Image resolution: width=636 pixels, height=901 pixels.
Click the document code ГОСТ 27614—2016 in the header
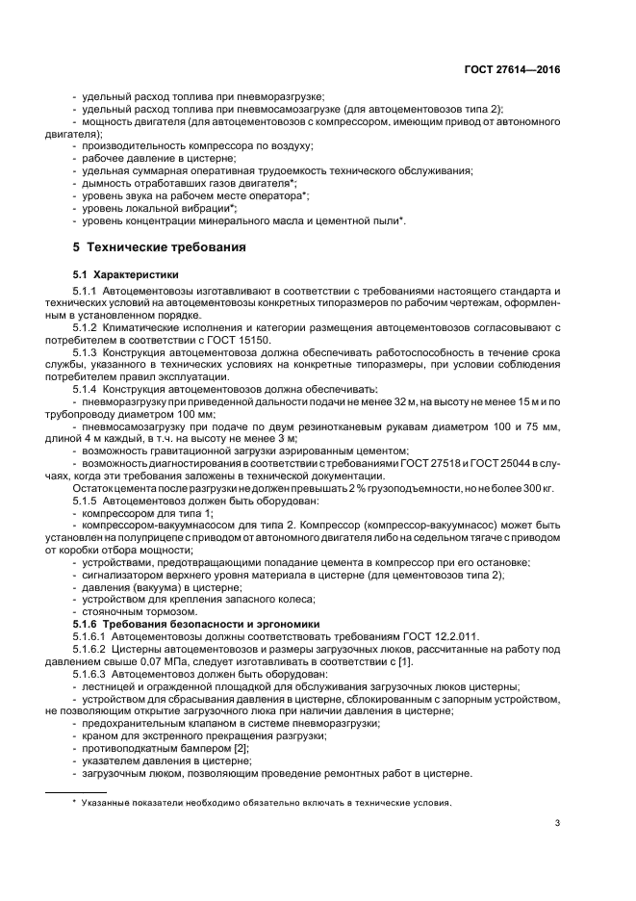pos(513,70)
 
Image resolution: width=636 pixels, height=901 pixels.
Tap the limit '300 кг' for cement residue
pos(539,490)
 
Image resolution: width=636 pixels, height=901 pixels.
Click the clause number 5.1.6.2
pos(91,650)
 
